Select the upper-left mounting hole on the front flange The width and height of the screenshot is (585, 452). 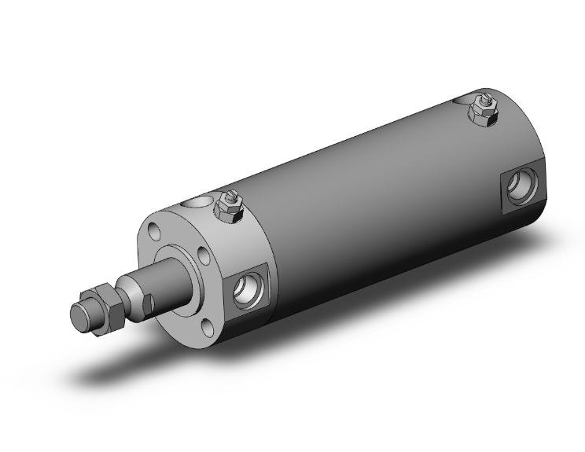(153, 233)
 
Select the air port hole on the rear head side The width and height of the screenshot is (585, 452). (520, 186)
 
